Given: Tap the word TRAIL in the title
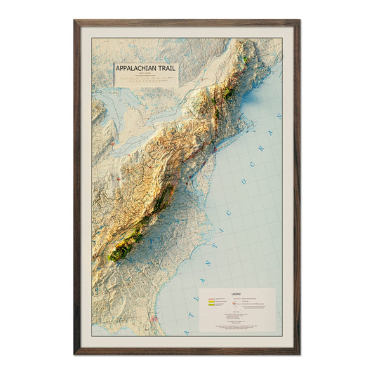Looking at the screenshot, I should pyautogui.click(x=168, y=69).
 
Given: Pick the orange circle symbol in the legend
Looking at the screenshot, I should pyautogui.click(x=233, y=303).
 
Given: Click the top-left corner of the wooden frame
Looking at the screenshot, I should pyautogui.click(x=75, y=21).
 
